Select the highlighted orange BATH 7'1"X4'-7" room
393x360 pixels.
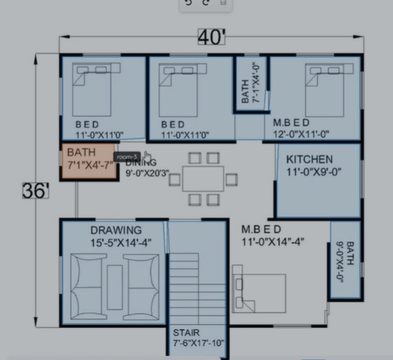coord(87,161)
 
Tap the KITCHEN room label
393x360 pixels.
coord(309,159)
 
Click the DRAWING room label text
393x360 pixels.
coord(116,230)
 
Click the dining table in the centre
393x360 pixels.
coord(203,177)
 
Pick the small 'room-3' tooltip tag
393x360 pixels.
coord(127,157)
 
